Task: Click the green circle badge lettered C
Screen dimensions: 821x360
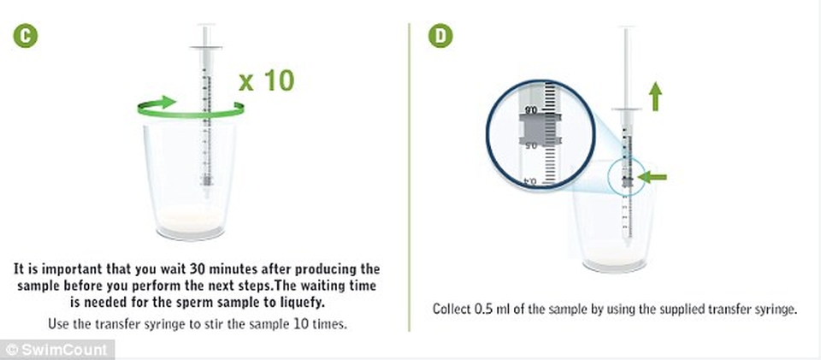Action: (x=25, y=37)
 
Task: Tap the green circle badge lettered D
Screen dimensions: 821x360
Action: (x=440, y=36)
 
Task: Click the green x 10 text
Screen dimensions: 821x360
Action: (x=267, y=80)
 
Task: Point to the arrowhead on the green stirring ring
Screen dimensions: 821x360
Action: (x=167, y=102)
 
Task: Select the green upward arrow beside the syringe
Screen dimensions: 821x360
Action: (x=655, y=97)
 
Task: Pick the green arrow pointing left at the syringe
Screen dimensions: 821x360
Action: (x=652, y=177)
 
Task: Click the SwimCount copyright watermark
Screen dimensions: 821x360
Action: (x=56, y=350)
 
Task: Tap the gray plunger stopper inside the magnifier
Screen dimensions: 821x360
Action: (x=540, y=129)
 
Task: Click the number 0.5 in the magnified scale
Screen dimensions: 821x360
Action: (x=531, y=146)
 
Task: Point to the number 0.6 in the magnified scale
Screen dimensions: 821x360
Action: (x=530, y=110)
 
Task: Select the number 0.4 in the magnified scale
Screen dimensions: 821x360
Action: (x=530, y=181)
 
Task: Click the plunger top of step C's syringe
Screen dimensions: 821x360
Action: (x=206, y=26)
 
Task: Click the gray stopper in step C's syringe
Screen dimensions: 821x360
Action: (x=207, y=180)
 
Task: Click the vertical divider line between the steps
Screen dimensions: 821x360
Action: (x=409, y=177)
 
